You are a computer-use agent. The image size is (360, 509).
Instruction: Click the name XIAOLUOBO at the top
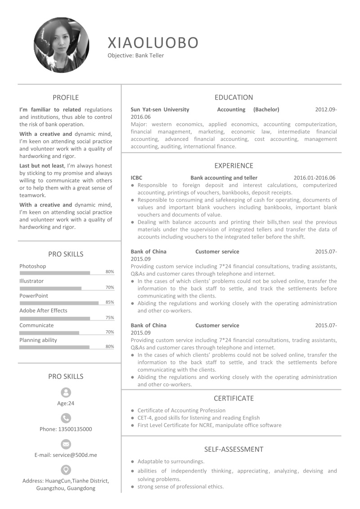pos(153,42)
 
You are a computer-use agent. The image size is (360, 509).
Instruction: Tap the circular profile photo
pos(61,45)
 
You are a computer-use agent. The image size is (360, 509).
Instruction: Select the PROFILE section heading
pos(66,97)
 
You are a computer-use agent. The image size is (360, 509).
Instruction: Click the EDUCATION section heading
pos(234,97)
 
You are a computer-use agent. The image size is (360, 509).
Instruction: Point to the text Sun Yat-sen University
pos(160,109)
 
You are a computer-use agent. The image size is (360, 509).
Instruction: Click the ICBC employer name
pos(136,178)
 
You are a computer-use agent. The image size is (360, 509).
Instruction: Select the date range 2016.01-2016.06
pos(315,178)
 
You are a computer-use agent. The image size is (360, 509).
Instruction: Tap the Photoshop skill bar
pos(55,273)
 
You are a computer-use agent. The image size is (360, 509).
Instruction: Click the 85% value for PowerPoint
pos(110,302)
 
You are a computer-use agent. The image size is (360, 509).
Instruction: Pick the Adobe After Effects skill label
pos(43,311)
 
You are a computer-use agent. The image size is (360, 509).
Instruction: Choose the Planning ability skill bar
pos(54,347)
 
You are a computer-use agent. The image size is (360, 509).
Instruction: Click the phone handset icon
pos(66,418)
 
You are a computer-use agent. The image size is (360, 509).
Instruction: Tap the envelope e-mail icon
pos(66,444)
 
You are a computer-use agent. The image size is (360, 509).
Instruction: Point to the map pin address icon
pos(66,470)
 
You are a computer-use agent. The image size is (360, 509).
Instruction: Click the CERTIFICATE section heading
pos(234,398)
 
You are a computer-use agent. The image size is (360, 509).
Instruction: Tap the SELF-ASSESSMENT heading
pos(234,449)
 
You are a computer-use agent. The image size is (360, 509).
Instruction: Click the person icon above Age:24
pos(66,392)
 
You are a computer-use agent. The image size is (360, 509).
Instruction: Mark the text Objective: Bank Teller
pos(136,56)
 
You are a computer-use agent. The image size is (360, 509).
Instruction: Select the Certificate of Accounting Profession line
pos(181,410)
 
